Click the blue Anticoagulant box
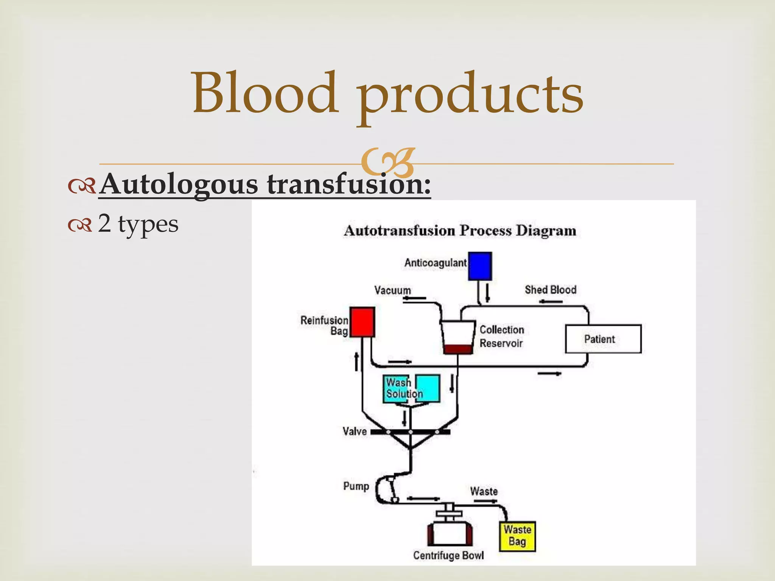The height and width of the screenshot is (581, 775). [x=480, y=266]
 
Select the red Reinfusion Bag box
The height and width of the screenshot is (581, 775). [x=362, y=322]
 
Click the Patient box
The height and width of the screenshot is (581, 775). [x=603, y=339]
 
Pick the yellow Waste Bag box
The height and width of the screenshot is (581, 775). [x=517, y=536]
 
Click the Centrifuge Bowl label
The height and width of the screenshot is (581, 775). [x=448, y=555]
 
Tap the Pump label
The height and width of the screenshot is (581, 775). [x=356, y=486]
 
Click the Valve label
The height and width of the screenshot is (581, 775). [x=355, y=431]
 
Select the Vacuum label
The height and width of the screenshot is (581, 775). [x=392, y=290]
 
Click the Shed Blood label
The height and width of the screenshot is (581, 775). [x=550, y=290]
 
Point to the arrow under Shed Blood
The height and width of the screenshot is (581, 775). [x=551, y=301]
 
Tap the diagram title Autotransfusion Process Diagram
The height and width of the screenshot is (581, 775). [x=459, y=230]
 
